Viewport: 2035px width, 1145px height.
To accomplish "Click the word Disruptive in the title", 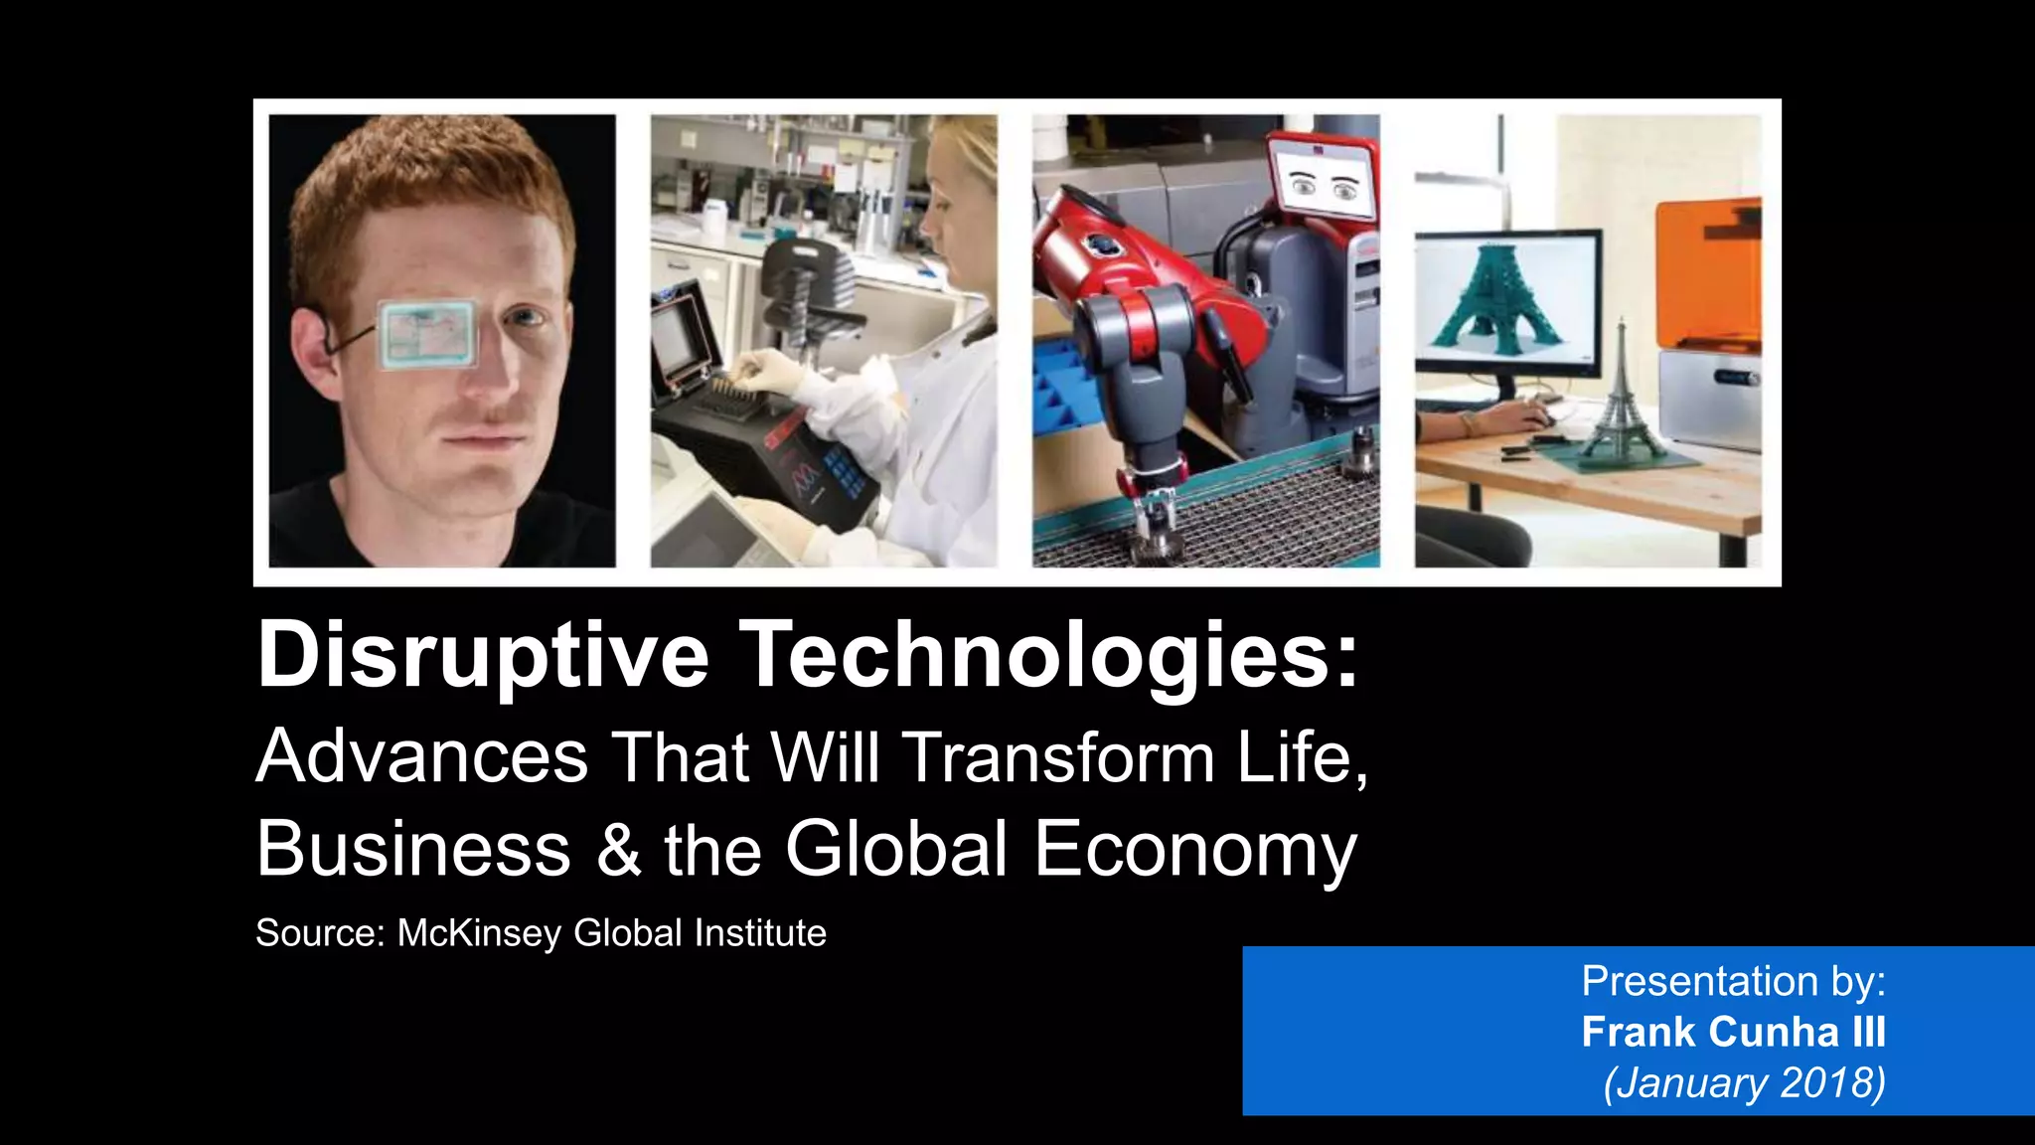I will [x=483, y=656].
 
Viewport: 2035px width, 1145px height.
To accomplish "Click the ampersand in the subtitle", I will [x=619, y=850].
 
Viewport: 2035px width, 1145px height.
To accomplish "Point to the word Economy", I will [x=1194, y=850].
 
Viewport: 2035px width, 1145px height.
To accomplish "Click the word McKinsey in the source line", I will [x=480, y=933].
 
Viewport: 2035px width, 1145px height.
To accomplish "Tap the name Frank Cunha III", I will [x=1733, y=1032].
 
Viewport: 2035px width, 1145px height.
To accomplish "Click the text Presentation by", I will [x=1733, y=981].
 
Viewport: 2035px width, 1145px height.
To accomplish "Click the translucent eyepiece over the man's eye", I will [x=427, y=334].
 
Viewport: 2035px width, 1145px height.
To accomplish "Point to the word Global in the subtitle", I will [x=896, y=850].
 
